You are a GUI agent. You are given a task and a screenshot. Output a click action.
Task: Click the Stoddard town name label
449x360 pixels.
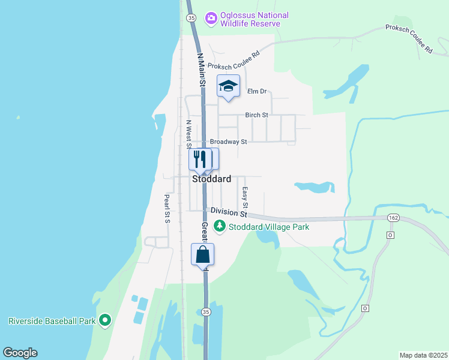[211, 179]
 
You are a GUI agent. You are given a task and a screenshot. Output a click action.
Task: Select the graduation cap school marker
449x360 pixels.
[228, 86]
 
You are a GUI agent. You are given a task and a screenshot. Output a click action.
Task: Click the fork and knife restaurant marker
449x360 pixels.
[200, 159]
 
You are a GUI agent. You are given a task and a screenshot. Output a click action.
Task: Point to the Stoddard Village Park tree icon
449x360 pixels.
[220, 227]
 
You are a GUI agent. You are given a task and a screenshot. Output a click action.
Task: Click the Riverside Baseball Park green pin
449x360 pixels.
[105, 320]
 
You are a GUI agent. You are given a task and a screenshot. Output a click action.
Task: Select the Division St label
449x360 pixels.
[229, 212]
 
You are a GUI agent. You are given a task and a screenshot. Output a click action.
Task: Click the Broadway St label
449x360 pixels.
[228, 142]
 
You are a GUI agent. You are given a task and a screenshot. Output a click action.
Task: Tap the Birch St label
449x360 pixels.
[256, 115]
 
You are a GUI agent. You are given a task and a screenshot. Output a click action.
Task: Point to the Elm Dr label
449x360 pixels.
[256, 92]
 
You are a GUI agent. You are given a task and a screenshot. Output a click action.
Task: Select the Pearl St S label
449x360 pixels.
[167, 208]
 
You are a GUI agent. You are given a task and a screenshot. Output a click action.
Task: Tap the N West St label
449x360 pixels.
[188, 134]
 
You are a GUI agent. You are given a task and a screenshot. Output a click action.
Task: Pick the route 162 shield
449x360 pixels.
[393, 217]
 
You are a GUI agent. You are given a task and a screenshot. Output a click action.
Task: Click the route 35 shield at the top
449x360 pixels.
[191, 19]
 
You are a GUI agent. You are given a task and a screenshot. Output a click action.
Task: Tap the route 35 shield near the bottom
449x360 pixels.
[205, 312]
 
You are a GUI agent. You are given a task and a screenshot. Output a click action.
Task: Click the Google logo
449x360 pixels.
[20, 353]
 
